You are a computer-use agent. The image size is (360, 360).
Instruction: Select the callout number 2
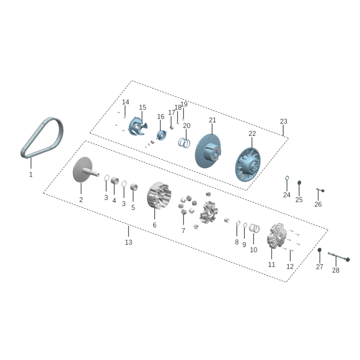(81, 200)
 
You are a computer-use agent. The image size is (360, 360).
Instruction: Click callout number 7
(183, 231)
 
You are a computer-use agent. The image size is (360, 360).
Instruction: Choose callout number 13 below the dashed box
(129, 242)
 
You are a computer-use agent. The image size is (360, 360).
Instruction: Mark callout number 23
(283, 122)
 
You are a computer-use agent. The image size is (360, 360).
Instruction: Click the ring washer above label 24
(286, 179)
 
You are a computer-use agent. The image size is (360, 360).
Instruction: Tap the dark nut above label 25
(299, 183)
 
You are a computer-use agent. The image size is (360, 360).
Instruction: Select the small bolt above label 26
(319, 190)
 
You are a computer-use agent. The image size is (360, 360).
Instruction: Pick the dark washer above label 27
(319, 250)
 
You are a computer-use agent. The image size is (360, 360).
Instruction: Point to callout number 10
(254, 250)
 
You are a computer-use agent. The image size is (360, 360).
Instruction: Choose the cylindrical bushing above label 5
(133, 186)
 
